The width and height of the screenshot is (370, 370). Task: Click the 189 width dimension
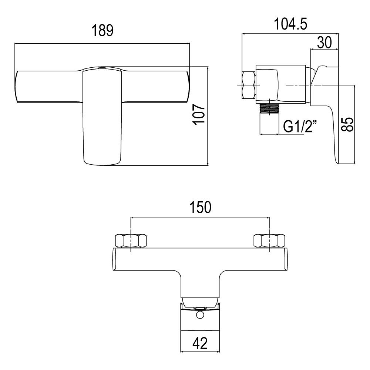point(102,31)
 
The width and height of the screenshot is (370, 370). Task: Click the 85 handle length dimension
point(347,124)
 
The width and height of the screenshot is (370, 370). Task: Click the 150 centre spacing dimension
point(200,207)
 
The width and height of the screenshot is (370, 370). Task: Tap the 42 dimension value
point(200,344)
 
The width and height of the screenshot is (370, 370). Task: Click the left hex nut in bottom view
point(131,241)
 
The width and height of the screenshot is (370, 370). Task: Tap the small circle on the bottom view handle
point(200,315)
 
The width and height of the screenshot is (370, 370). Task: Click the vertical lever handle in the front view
point(102,118)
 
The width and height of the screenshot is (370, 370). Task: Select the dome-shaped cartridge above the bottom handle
point(200,301)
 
